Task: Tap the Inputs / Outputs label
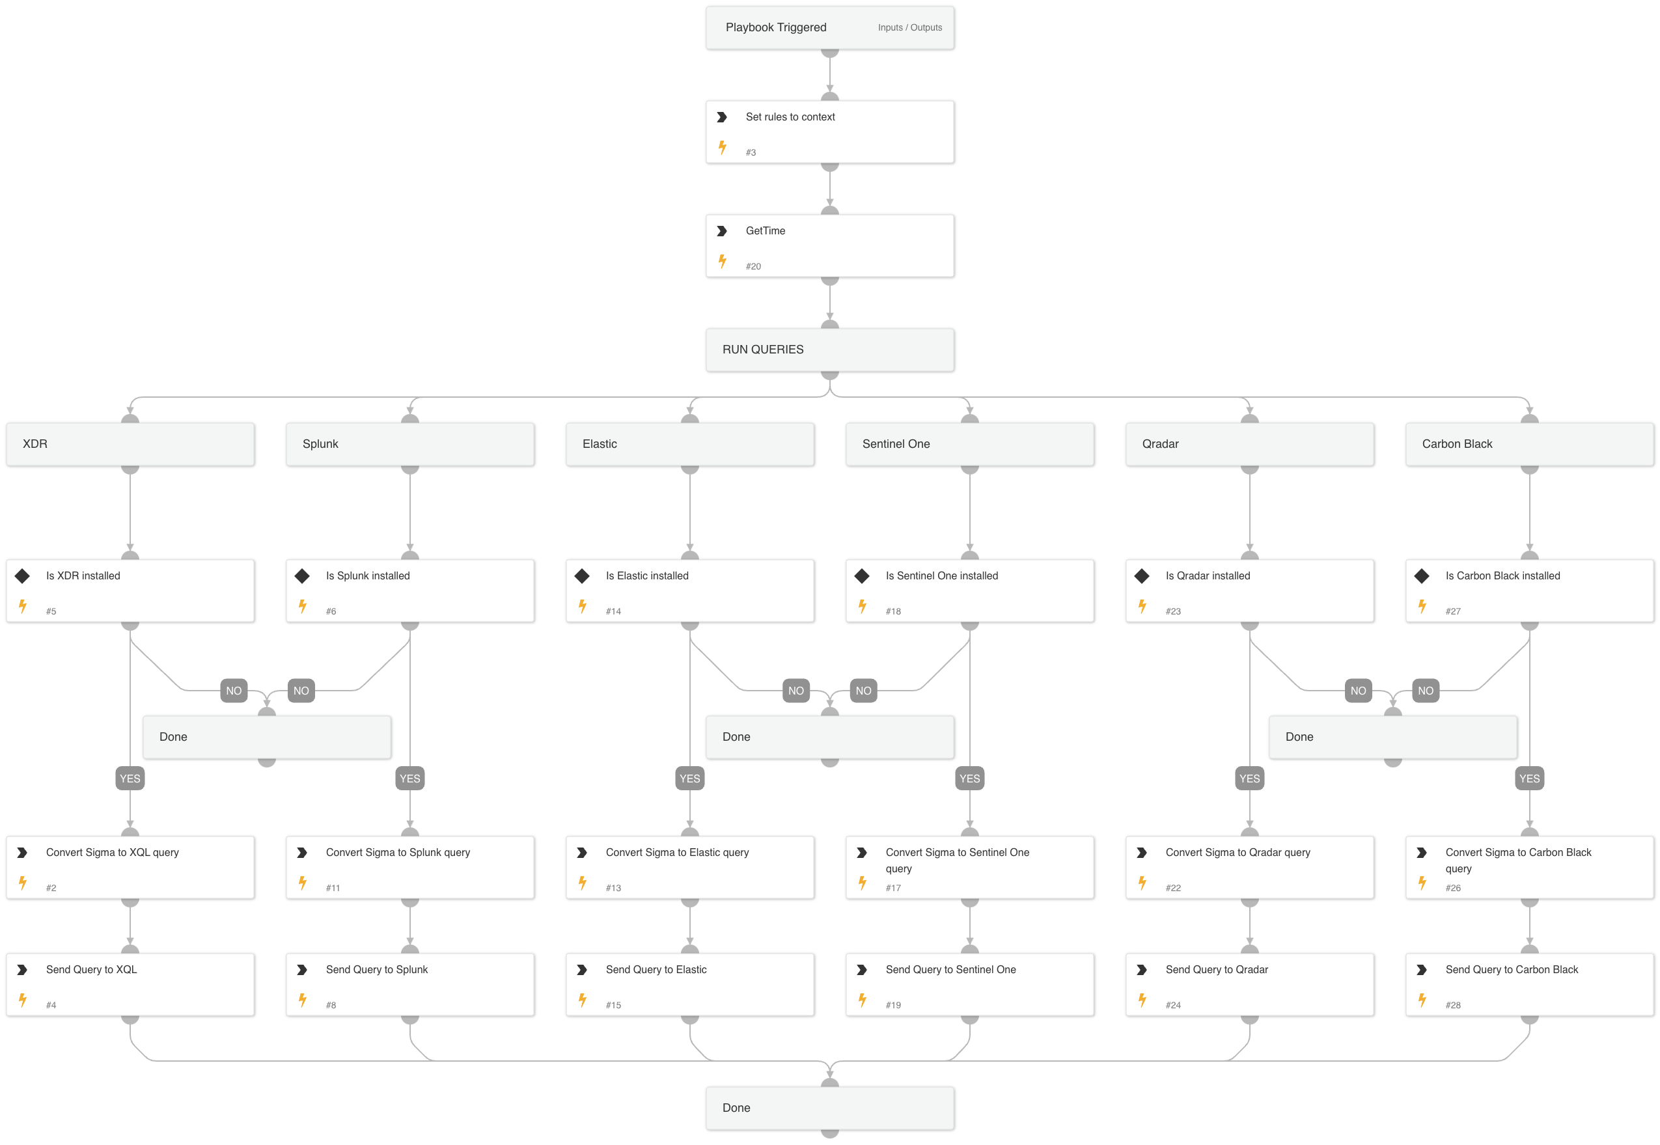pos(909,28)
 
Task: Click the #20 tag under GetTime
pos(753,266)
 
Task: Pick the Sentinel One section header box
pos(969,444)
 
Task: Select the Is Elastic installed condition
pos(689,590)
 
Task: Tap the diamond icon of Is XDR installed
pos(23,575)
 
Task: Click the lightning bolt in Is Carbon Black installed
pos(1422,606)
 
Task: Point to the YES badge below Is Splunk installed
pos(409,779)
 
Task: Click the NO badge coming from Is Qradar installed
pos(1357,691)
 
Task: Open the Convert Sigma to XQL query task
pos(130,866)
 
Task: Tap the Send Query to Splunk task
pos(409,984)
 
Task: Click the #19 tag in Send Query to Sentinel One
pos(892,1005)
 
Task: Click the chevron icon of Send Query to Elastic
pos(583,969)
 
